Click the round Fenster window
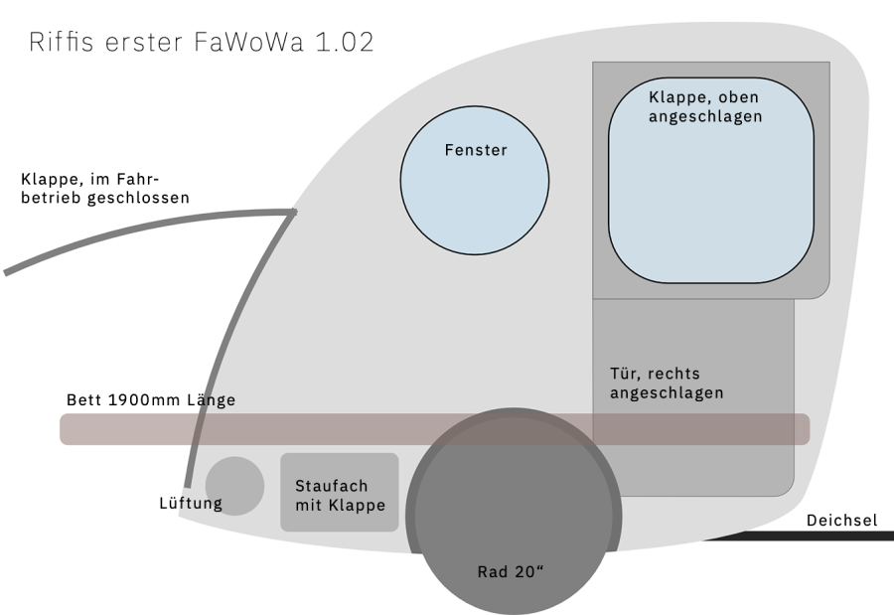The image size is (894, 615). coord(474,195)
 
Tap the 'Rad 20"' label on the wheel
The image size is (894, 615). coord(511,571)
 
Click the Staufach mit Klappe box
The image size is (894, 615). coord(339,493)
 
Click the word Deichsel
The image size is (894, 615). coord(842,520)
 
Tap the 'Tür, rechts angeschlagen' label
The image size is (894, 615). coord(666,384)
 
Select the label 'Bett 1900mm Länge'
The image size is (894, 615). coord(151,400)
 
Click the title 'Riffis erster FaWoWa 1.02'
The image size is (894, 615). coord(202,43)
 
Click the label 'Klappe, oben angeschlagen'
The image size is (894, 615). coord(705,106)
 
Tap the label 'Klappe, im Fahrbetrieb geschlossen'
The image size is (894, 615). coord(104,189)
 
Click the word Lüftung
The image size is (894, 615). coord(191,504)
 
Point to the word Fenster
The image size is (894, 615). coord(476,150)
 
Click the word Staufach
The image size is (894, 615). coord(332,486)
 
